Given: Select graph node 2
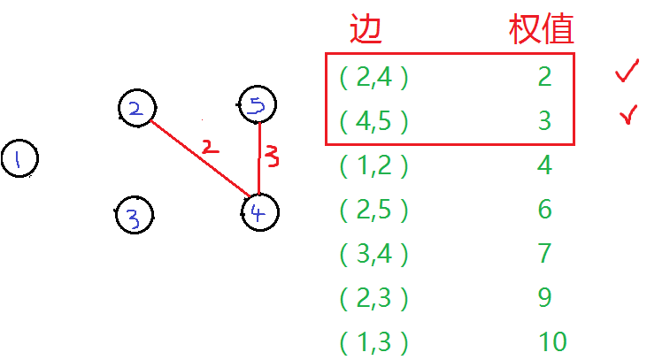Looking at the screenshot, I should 137,108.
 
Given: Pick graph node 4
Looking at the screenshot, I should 259,212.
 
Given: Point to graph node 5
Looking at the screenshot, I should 258,107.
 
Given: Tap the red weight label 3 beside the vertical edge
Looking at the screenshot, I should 273,158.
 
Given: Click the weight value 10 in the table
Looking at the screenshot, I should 552,341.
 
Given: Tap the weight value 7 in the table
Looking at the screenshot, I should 544,254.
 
